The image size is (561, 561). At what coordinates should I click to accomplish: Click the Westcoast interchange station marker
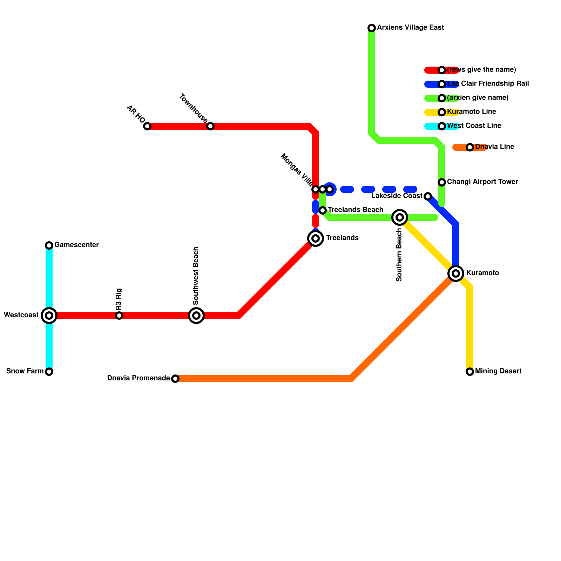pos(49,316)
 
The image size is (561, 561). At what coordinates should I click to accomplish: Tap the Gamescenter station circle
pos(49,245)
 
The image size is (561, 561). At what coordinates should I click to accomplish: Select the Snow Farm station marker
pos(49,372)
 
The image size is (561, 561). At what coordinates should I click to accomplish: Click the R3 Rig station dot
pos(119,316)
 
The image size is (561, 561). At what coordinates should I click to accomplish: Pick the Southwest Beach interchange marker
pos(196,316)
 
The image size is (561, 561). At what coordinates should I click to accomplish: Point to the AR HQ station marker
pos(147,126)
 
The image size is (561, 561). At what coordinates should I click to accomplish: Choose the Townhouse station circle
pos(210,126)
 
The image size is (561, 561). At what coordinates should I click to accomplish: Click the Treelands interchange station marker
pos(316,238)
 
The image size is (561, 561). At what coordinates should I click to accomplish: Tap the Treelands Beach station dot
pos(323,210)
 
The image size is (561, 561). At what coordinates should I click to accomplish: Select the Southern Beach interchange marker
pos(400,217)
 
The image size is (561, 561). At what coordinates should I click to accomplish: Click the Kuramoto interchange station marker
pos(456,273)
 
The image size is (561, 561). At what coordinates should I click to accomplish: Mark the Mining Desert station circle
pos(470,372)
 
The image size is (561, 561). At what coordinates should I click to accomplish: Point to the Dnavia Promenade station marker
pos(175,379)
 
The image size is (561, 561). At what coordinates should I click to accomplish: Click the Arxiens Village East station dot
pos(372,28)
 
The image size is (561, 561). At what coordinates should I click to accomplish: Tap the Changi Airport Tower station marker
pos(442,182)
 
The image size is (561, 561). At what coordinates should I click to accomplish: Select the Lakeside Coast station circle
pos(428,196)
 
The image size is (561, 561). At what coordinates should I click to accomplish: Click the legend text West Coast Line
pos(474,126)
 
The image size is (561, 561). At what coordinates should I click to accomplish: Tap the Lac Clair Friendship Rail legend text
pos(488,84)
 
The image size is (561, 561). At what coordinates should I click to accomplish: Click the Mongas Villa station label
pos(297,170)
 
